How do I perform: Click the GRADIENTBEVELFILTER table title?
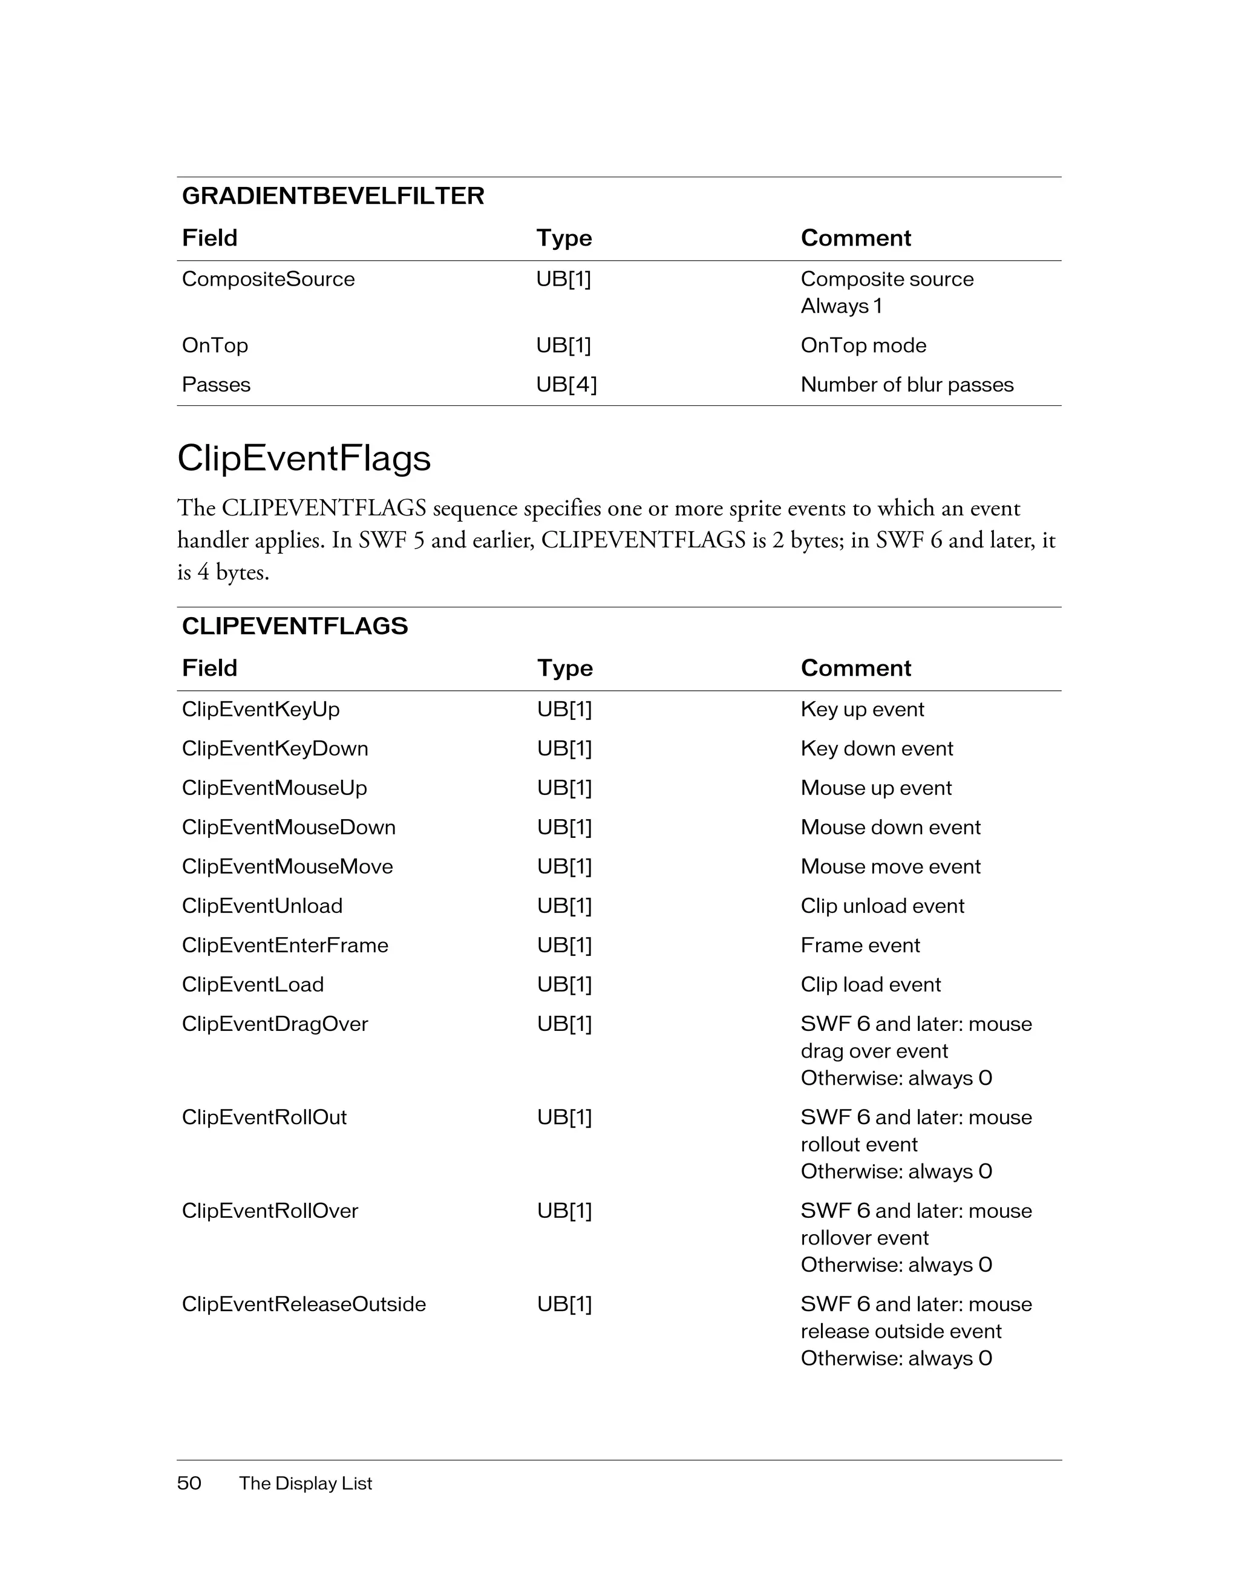(333, 196)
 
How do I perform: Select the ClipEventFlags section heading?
(304, 459)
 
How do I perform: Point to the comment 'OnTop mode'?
(863, 345)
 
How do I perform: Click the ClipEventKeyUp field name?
(260, 709)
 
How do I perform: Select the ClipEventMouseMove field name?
(287, 866)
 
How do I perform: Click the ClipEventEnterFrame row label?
(284, 945)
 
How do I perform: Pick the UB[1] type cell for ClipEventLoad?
(564, 985)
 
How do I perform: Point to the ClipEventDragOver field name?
(274, 1024)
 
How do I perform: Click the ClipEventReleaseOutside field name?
(303, 1304)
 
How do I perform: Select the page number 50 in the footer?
(189, 1483)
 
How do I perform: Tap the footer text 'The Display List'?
(305, 1483)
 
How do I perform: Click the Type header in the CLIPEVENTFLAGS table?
(564, 668)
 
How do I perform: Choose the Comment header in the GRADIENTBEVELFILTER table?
(855, 238)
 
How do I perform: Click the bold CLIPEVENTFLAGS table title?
(295, 627)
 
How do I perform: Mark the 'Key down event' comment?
(876, 748)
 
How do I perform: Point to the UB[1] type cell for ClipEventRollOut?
(564, 1117)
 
